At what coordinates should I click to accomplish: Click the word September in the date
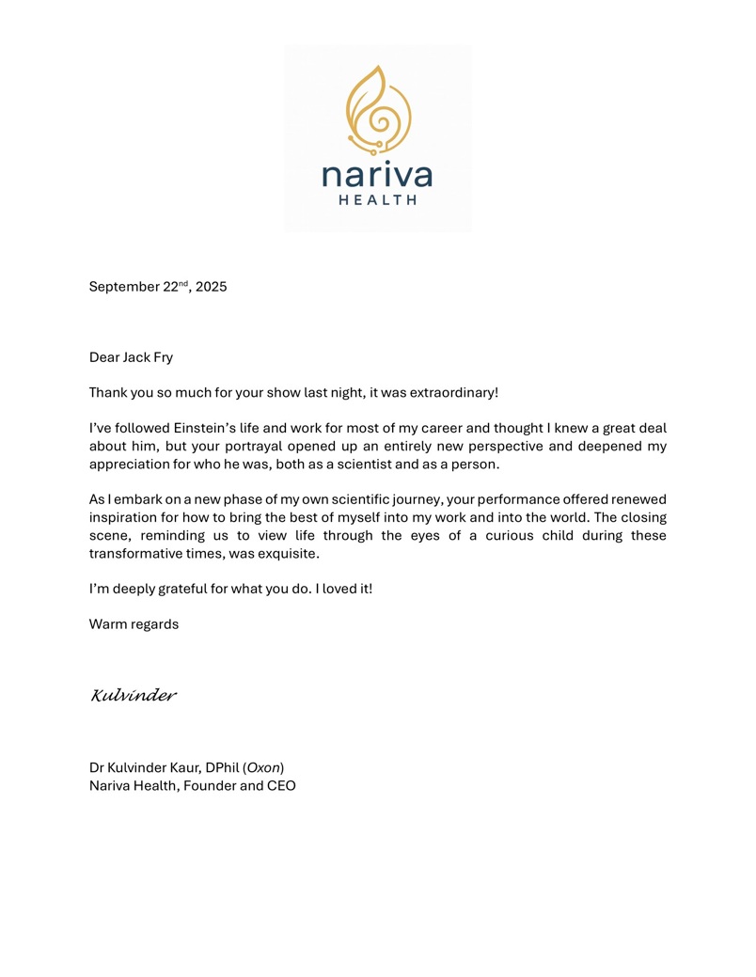pos(124,287)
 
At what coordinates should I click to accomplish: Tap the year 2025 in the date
pos(211,287)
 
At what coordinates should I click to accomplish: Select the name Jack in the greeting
pos(136,357)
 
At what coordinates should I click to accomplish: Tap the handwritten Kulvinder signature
pos(134,696)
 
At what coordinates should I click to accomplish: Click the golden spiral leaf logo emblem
pos(378,109)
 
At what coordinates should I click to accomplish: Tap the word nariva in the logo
pos(377,176)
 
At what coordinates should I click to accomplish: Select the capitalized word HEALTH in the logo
pos(377,199)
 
